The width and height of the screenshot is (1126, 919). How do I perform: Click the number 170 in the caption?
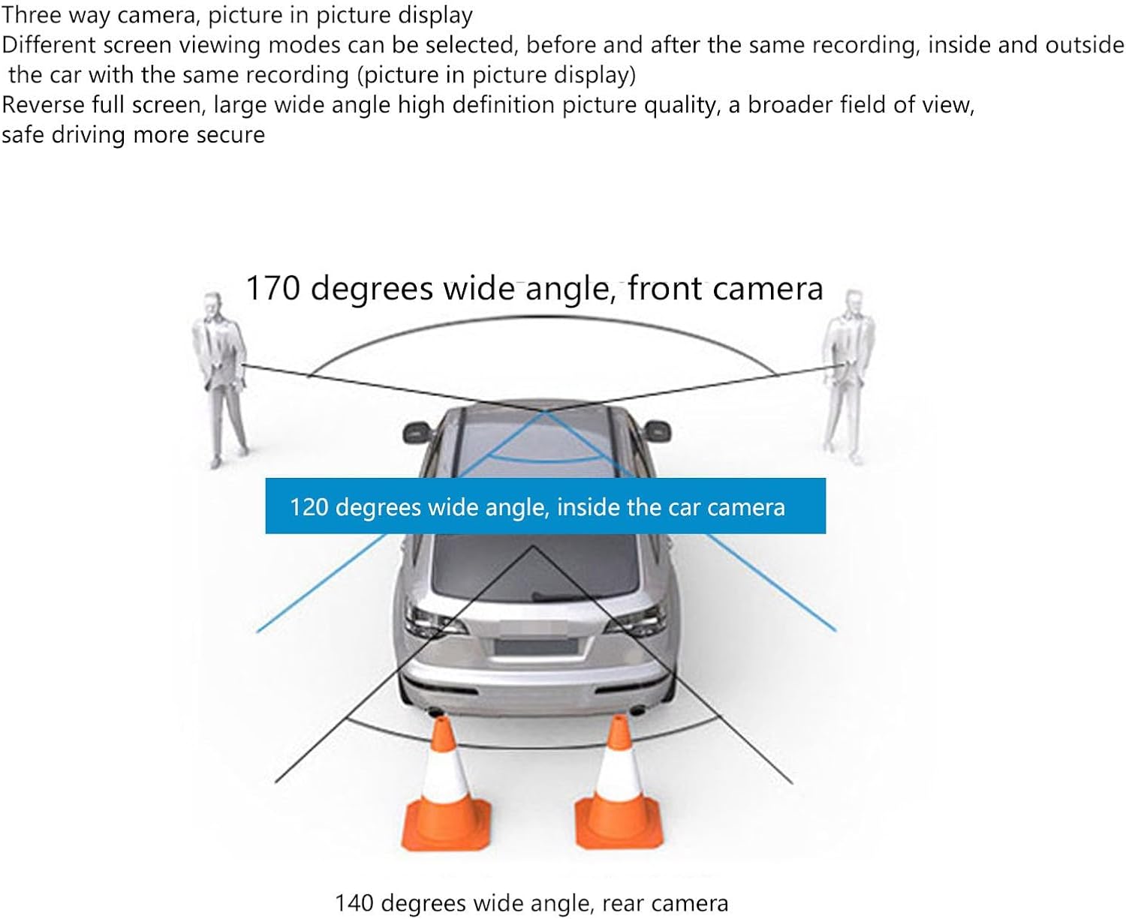pyautogui.click(x=274, y=289)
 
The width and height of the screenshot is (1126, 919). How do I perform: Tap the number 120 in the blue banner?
pyautogui.click(x=309, y=508)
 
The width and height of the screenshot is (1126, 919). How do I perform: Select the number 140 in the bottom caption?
pyautogui.click(x=355, y=903)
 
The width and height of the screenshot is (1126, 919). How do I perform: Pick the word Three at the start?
pyautogui.click(x=29, y=14)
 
